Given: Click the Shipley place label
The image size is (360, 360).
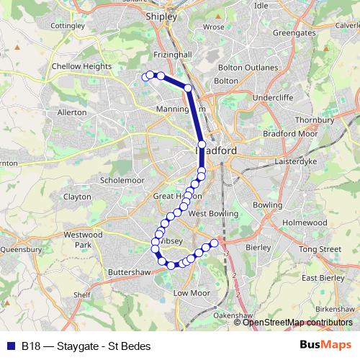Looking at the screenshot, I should click(x=161, y=15).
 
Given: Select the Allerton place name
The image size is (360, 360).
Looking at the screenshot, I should click(x=71, y=112).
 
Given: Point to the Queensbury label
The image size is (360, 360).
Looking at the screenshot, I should click(x=22, y=249).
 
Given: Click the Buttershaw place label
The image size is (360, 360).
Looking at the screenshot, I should click(x=127, y=274).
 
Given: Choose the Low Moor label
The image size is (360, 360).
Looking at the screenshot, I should click(x=191, y=293).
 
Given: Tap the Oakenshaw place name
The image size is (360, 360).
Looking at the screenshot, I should click(x=235, y=315).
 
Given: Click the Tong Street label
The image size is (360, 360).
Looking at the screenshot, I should click(x=320, y=249).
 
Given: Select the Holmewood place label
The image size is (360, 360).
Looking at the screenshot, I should click(x=304, y=223).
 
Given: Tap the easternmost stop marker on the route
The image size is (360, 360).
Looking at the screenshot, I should click(x=214, y=243).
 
